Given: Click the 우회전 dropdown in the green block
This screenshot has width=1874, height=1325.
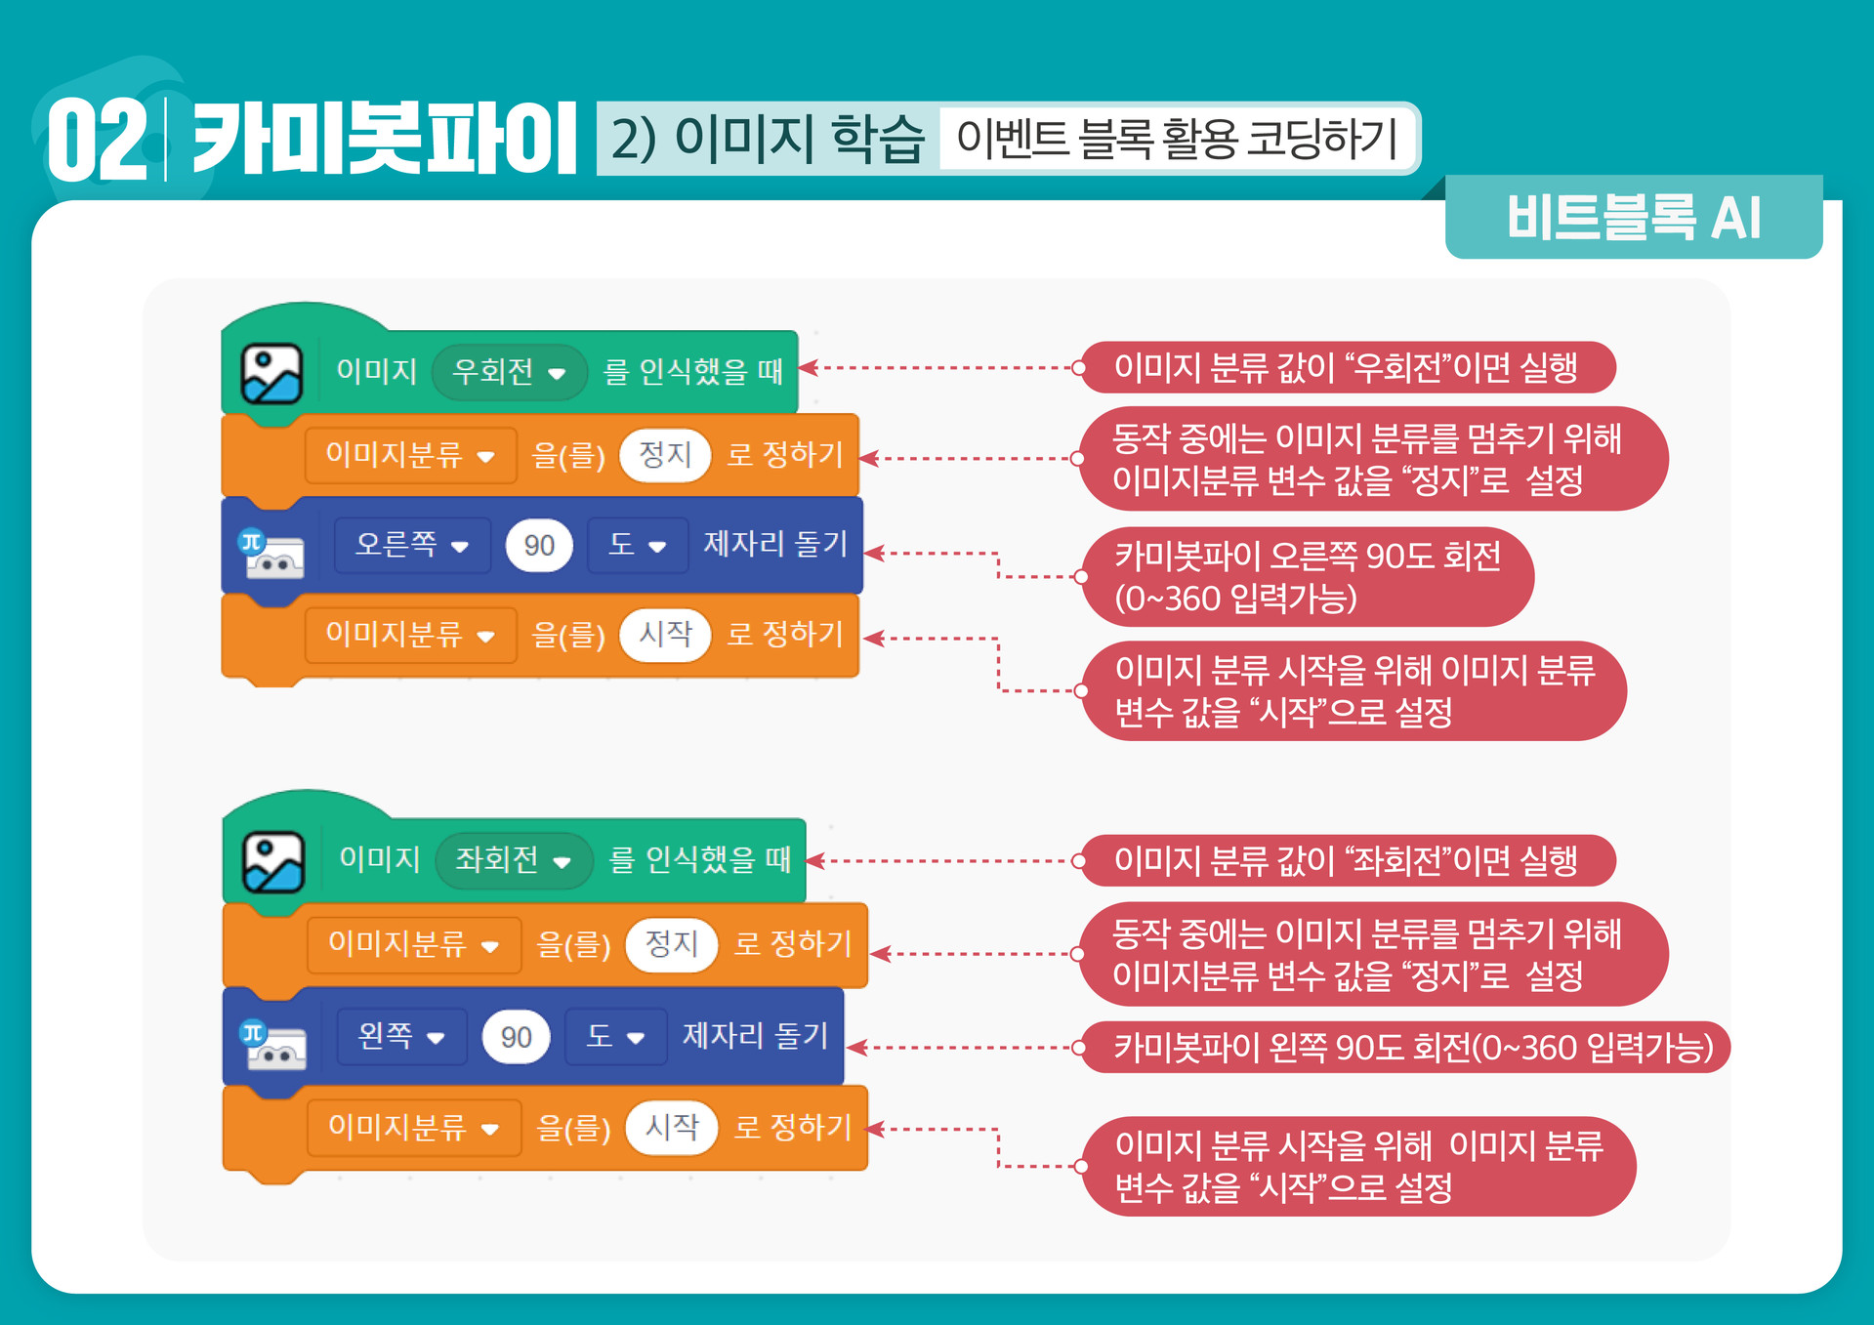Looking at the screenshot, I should (509, 372).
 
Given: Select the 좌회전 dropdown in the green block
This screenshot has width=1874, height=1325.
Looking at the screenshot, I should (514, 860).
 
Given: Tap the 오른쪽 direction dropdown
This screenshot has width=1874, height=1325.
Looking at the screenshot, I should (411, 545).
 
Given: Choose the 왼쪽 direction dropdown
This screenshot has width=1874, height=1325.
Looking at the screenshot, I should (401, 1036).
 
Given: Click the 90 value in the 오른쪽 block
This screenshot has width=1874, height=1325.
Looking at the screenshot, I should (539, 546).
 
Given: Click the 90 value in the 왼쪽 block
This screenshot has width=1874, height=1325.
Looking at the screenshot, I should (516, 1037).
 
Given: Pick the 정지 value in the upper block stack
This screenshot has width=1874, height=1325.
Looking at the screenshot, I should (665, 455).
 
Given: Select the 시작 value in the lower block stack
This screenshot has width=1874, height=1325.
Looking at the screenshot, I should (672, 1128).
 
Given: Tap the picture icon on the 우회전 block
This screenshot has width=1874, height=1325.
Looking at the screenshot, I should (271, 373).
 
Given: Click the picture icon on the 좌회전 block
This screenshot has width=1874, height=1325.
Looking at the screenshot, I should (273, 862).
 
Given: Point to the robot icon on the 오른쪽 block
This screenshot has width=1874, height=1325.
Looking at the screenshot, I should (272, 555).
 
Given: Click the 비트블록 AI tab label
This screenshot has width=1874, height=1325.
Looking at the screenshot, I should (1633, 217).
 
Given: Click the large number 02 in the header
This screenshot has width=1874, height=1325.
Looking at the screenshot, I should (97, 141).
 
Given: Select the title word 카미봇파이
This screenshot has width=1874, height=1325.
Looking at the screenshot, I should (384, 139).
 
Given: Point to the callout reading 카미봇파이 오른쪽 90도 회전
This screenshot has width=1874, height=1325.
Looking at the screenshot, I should (1308, 577).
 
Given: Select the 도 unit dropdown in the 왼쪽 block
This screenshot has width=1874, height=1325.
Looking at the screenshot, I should (615, 1036).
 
